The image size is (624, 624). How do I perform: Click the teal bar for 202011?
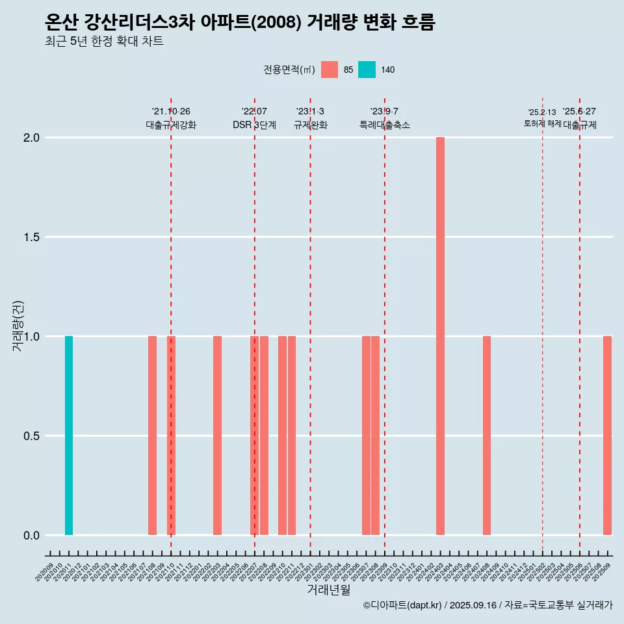69,435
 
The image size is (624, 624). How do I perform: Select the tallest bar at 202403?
440,336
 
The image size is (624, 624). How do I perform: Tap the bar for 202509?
607,435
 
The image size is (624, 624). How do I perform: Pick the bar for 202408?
487,435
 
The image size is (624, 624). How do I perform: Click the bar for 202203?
217,435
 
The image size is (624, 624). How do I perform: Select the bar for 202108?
152,435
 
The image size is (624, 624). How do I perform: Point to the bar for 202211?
292,435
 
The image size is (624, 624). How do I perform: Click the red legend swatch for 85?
330,70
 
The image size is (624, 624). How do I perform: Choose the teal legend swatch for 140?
367,70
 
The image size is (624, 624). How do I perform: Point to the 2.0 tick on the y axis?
32,138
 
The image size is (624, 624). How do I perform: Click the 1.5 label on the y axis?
32,237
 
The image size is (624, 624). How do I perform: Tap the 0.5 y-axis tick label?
32,436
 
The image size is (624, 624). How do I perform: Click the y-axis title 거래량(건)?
18,325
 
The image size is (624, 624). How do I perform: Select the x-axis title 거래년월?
328,590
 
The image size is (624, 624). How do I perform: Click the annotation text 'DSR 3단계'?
254,125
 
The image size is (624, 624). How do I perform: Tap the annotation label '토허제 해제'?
542,123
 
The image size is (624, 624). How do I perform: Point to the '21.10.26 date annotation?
171,111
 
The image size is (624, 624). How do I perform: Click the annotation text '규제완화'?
310,125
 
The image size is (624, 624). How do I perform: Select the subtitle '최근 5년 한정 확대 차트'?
104,42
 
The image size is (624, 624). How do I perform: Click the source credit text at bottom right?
487,605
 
